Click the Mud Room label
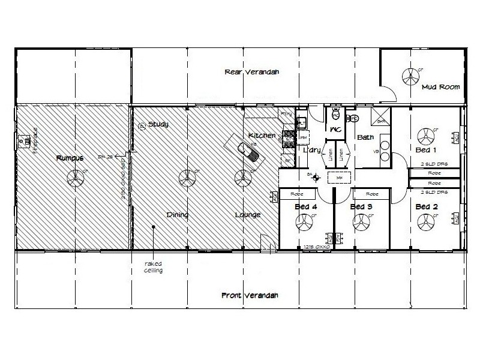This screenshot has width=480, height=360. click(440, 87)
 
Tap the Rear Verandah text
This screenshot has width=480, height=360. click(252, 72)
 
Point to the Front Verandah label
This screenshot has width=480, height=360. click(250, 295)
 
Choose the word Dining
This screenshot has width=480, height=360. click(178, 214)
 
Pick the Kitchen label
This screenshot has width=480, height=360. click(262, 136)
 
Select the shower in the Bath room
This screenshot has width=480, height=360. click(380, 118)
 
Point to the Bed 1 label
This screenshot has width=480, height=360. click(427, 149)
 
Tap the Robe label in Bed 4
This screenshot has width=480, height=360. click(295, 194)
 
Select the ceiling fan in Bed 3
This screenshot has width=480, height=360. click(360, 223)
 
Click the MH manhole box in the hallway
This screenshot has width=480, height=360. click(339, 178)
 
